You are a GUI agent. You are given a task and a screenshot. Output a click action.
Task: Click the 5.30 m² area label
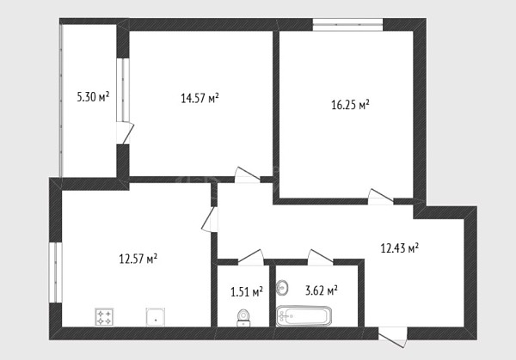pyautogui.click(x=93, y=97)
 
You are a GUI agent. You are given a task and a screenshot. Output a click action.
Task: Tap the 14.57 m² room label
pyautogui.click(x=200, y=98)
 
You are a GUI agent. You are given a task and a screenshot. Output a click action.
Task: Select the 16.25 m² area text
pyautogui.click(x=350, y=105)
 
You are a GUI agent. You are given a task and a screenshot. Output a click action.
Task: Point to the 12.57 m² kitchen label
pyautogui.click(x=138, y=259)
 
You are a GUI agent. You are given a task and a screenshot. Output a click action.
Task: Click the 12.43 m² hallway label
pyautogui.click(x=400, y=247)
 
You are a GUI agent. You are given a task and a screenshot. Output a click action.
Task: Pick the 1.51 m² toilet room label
pyautogui.click(x=247, y=291)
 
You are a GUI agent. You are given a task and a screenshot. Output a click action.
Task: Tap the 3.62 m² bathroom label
pyautogui.click(x=322, y=290)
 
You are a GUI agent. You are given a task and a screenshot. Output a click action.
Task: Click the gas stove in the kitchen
pyautogui.click(x=104, y=317)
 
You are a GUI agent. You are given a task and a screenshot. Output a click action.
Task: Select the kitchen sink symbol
pyautogui.click(x=156, y=317)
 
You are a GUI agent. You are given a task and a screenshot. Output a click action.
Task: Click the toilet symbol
pyautogui.click(x=243, y=318)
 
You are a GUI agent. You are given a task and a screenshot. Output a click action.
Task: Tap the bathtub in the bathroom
pyautogui.click(x=304, y=316)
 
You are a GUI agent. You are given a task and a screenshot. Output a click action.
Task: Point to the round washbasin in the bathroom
pyautogui.click(x=282, y=288)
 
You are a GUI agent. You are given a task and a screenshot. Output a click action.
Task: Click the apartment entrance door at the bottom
pyautogui.click(x=393, y=336)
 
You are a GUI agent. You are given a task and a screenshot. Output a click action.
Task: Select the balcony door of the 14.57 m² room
pyautogui.click(x=125, y=133)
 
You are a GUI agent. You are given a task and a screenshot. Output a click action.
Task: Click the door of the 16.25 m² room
pyautogui.click(x=381, y=197)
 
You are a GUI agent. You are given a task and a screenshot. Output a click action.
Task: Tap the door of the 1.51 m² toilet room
pyautogui.click(x=251, y=257)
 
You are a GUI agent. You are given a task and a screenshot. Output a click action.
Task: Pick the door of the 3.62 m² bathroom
pyautogui.click(x=321, y=257)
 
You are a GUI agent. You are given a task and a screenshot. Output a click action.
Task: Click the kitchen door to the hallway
pyautogui.click(x=210, y=219)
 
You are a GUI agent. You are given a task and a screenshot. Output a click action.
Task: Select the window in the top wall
pyautogui.click(x=347, y=25)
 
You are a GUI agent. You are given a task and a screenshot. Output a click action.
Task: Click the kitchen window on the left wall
pyautogui.click(x=55, y=272)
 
